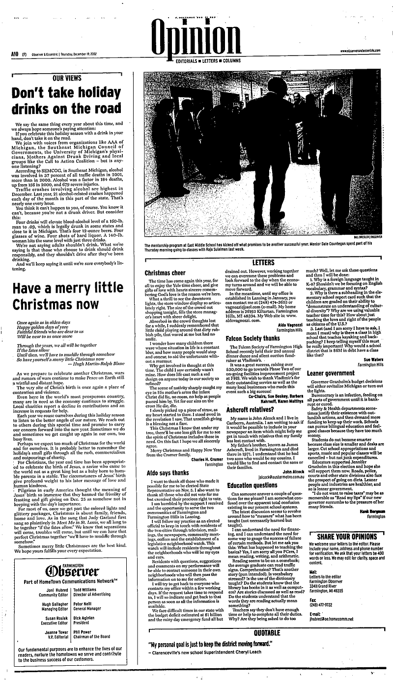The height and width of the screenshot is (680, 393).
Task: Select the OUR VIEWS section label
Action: (67, 77)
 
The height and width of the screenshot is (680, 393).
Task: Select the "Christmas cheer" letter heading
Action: (164, 272)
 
